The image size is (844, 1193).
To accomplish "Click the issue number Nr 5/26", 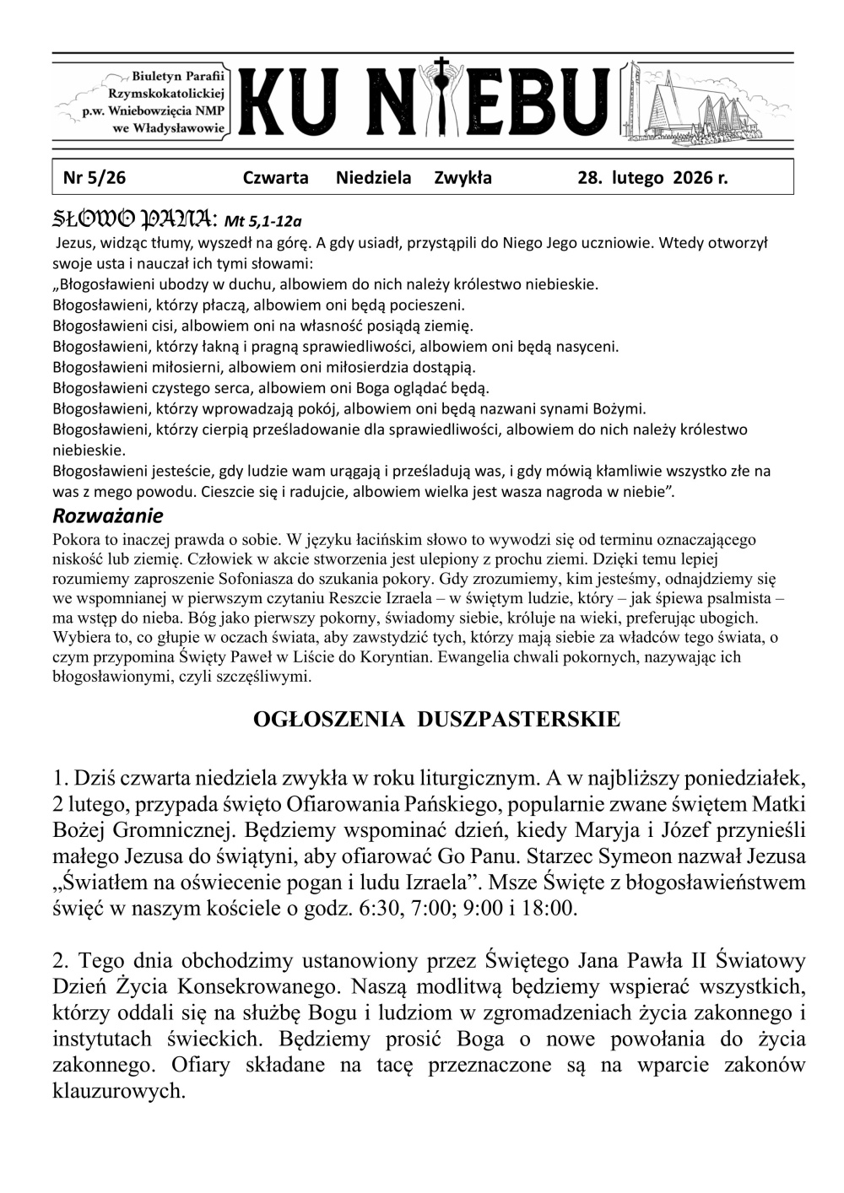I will (95, 178).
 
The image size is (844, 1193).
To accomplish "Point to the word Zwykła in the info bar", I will (463, 178).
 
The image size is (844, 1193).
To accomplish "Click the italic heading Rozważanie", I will (107, 515).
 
